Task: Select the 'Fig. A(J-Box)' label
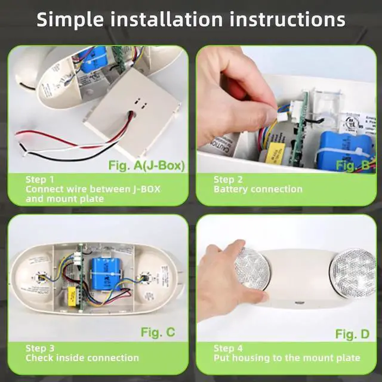tap(146, 165)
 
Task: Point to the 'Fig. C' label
tap(158, 332)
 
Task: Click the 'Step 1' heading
tap(39, 179)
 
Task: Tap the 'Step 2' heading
tap(228, 179)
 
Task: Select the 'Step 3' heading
tap(39, 348)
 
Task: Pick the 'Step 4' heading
tap(228, 348)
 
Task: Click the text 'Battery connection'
tap(258, 189)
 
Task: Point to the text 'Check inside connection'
tap(82, 358)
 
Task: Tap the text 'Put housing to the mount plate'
tap(286, 358)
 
